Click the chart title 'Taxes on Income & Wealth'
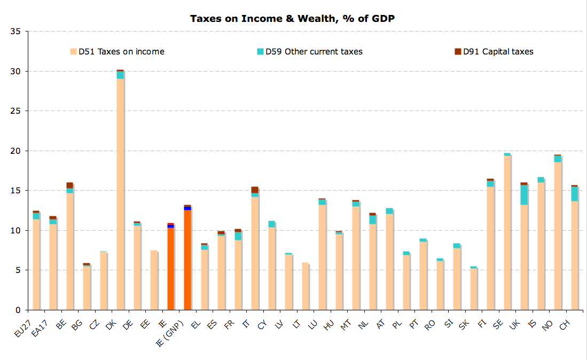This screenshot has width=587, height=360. point(293,19)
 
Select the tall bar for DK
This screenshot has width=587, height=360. point(120,192)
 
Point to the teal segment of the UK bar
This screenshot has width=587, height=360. point(524,195)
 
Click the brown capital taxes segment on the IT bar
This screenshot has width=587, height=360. point(255,190)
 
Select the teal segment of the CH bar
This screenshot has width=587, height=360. point(575,194)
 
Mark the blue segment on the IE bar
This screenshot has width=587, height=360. point(170,226)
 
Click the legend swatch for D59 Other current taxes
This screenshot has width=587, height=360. point(261,52)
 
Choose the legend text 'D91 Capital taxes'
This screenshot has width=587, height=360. point(498,52)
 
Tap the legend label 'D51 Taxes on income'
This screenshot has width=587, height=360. point(121,52)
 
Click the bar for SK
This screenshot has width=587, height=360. point(473,289)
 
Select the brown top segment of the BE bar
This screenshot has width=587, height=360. point(69,185)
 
